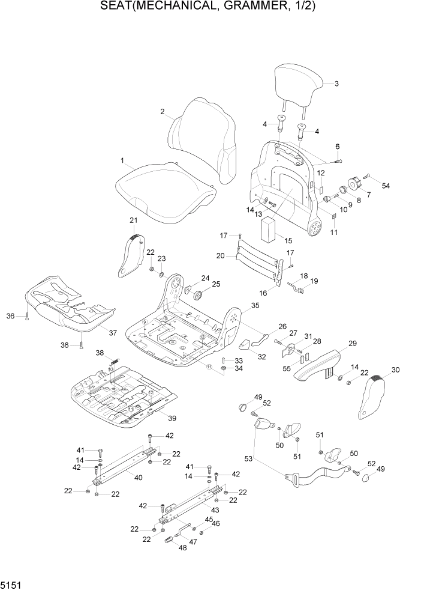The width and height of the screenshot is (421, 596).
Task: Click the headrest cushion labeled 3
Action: (298, 87)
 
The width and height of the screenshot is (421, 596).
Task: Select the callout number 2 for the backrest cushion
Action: (162, 111)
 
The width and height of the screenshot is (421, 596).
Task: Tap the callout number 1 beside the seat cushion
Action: (122, 161)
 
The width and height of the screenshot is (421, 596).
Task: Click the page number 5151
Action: (11, 585)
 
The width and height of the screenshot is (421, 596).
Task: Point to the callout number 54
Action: (386, 186)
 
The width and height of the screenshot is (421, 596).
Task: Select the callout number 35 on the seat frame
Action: (255, 306)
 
